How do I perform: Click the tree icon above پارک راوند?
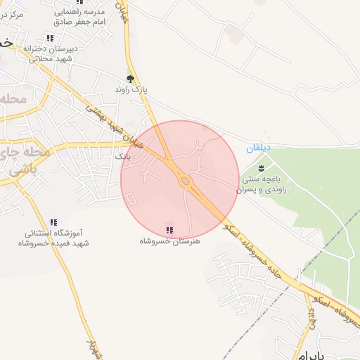coord(129,79)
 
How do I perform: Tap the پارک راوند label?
coord(133,91)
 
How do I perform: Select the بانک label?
coord(123,156)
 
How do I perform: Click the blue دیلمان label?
coord(258,148)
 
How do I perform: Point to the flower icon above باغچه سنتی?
coord(262,167)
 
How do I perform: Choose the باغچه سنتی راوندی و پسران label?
coord(262,184)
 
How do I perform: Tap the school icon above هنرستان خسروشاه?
coord(169,229)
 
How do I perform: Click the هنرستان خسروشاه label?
coord(169,240)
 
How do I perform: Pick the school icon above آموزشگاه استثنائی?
coord(54,222)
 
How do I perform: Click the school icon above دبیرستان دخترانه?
coord(49,38)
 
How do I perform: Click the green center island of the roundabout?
coord(186,181)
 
